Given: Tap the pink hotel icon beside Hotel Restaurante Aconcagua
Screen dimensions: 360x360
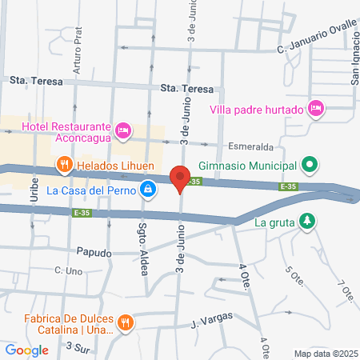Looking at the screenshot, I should tap(123, 130).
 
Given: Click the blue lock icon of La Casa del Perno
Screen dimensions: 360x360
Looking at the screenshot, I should tap(147, 190).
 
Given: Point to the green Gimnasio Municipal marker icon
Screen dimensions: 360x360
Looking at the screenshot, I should tap(310, 166).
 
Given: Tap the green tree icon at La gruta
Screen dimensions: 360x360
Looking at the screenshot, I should tap(306, 222).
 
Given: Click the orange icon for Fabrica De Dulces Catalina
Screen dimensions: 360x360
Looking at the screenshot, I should tap(125, 322).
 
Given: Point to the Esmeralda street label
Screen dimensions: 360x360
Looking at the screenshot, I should tap(250, 148).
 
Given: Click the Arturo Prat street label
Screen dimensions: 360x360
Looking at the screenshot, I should tap(78, 57).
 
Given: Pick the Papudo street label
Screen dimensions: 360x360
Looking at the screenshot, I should tap(94, 251).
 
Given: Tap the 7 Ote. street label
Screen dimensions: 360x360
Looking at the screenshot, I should tap(346, 292).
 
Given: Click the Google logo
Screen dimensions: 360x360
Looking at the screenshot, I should tap(26, 350).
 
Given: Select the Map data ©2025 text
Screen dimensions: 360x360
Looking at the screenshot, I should tap(324, 354).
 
